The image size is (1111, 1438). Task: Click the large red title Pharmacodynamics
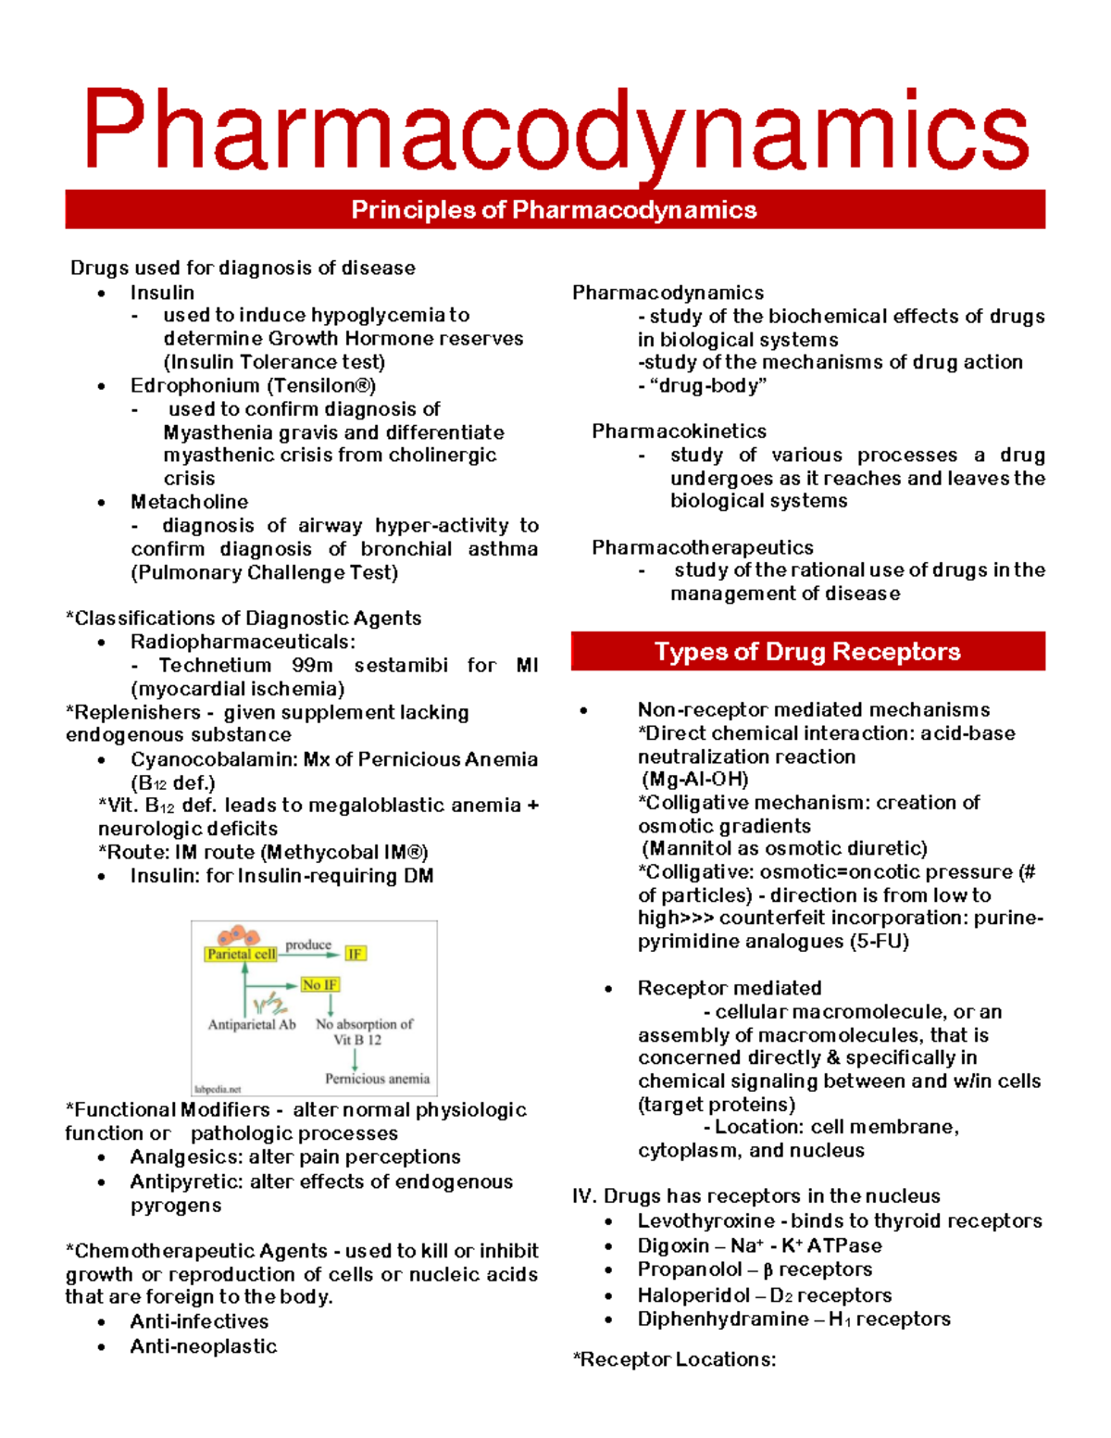point(555,131)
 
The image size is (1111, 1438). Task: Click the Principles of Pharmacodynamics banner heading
point(554,210)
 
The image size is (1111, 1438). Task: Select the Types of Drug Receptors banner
point(807,652)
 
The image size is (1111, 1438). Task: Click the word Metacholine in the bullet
point(189,502)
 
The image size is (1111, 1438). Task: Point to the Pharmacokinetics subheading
point(679,431)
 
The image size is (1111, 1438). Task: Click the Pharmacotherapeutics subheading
point(702,547)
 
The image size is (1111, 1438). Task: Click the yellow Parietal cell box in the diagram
point(241,954)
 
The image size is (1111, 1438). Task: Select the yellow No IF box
point(320,984)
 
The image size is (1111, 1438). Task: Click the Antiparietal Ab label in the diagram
point(252,1025)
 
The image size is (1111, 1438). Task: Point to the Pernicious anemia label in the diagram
point(377,1079)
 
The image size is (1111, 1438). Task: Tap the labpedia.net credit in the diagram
point(218,1089)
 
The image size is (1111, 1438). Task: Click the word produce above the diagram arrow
point(308,944)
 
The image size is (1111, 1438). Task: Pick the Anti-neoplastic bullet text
point(204,1346)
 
